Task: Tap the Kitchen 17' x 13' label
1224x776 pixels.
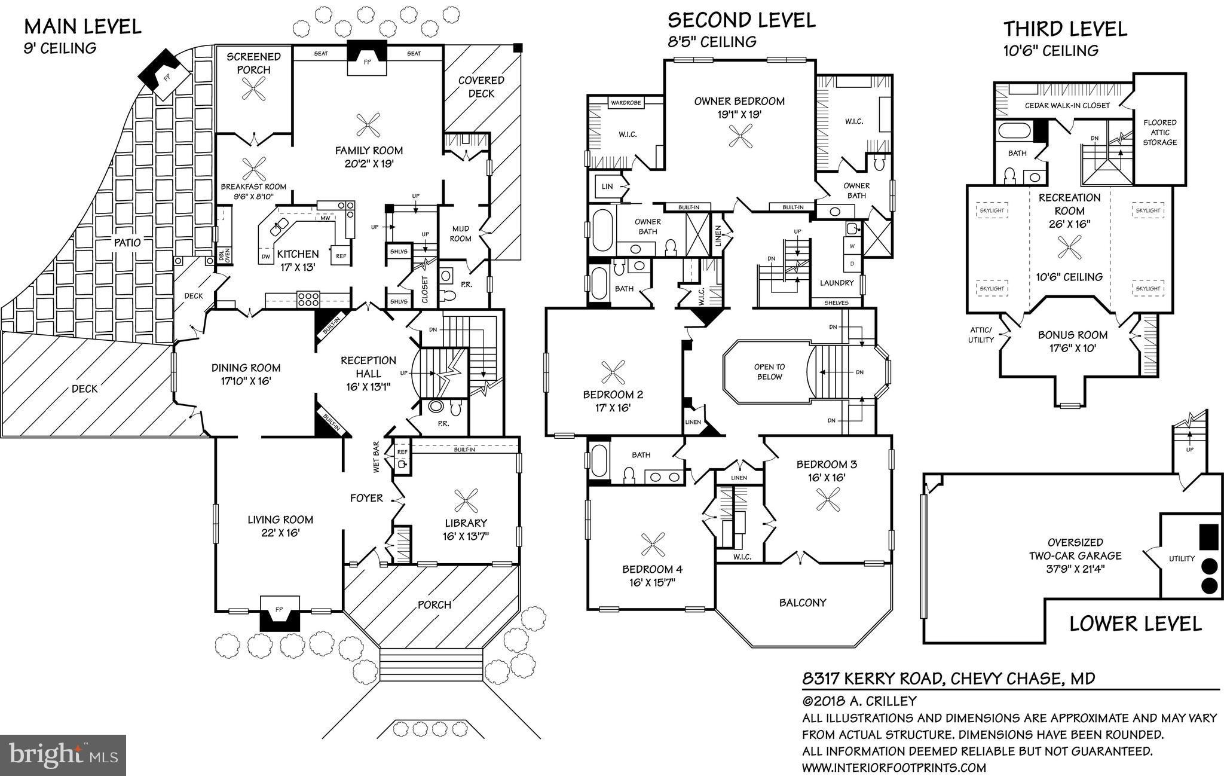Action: coord(298,260)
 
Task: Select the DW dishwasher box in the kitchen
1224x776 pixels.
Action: coord(265,256)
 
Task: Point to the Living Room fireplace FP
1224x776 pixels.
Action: coord(279,610)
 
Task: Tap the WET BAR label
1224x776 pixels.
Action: coord(377,457)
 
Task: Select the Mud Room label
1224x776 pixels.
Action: coord(461,233)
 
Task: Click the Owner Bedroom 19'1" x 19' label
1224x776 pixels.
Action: coord(739,107)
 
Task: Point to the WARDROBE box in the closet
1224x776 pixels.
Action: coord(626,103)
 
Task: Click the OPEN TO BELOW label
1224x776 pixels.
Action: coord(769,371)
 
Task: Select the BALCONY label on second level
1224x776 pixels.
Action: coord(802,603)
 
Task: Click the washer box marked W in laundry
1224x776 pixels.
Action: coord(852,246)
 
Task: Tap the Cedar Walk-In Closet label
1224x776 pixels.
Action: coord(1067,105)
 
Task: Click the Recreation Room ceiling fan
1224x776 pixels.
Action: coord(1069,247)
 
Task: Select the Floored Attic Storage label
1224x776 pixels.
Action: coord(1159,132)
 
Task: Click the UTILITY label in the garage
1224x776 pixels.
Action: coord(1182,559)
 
